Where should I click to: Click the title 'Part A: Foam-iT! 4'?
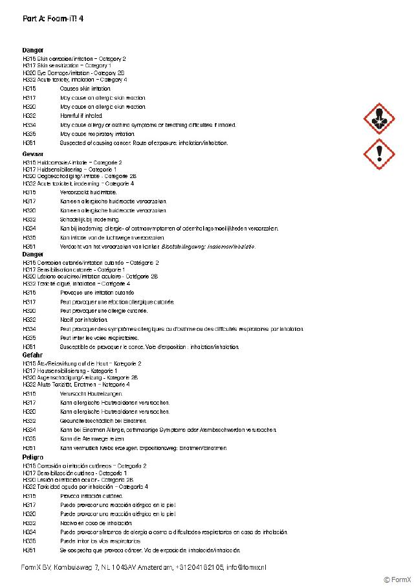coord(52,18)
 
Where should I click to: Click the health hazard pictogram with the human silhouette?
coord(378,118)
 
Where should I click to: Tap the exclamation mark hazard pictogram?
coord(378,154)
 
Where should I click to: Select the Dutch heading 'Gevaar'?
coord(33,153)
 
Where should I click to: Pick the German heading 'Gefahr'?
coord(32,355)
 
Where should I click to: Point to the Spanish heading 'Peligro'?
coord(33,457)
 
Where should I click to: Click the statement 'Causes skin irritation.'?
coord(85,88)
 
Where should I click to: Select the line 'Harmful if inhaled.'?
coord(82,115)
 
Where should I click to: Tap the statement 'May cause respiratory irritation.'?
coord(98,133)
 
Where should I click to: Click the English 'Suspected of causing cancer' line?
coord(144,142)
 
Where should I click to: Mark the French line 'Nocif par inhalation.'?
coord(84,320)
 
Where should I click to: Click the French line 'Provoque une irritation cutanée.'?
coord(98,293)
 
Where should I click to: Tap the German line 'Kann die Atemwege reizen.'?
coord(92,439)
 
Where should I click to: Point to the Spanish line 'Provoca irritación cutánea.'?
coord(91,496)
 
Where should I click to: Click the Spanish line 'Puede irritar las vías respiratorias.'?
coord(100,541)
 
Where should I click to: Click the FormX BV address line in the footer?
coord(144,567)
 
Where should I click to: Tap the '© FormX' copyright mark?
coord(396,580)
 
